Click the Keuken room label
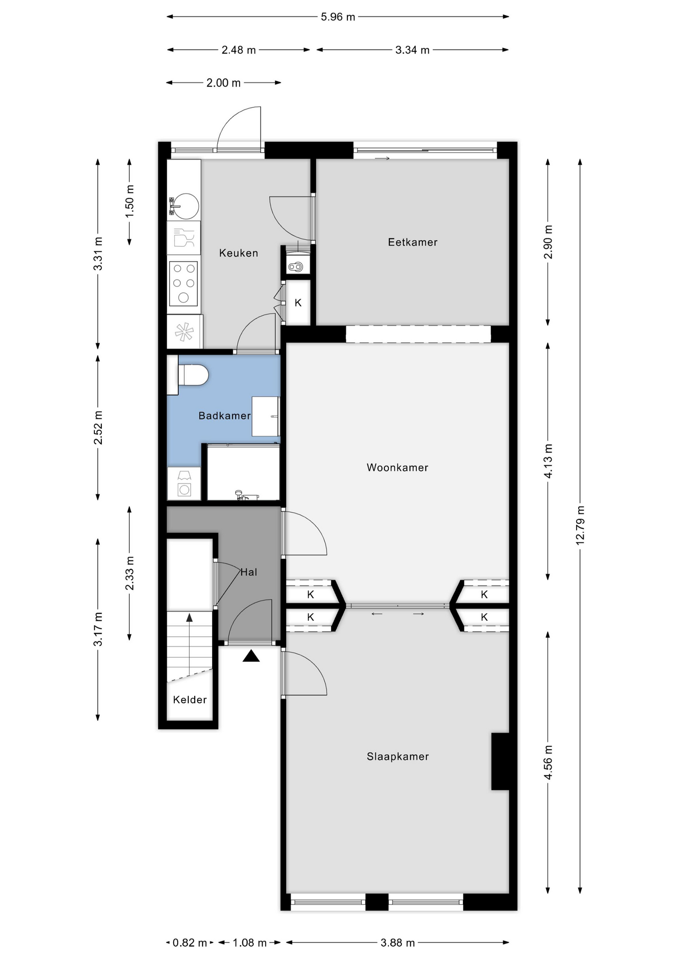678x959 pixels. [238, 253]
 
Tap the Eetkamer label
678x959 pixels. [412, 242]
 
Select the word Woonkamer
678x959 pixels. [397, 468]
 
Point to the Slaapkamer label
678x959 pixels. [397, 756]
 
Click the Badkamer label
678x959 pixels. [224, 416]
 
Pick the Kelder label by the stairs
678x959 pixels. [190, 700]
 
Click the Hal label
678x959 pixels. [249, 572]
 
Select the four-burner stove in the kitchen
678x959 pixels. [183, 284]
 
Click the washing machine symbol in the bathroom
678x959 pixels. [184, 483]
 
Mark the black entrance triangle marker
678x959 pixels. [251, 656]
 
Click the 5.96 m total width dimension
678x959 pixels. [338, 17]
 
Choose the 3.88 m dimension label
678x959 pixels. [397, 943]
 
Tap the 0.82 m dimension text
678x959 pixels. [190, 943]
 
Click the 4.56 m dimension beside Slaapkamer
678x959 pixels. [548, 762]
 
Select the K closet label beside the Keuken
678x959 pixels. [298, 303]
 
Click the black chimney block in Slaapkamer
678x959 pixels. [500, 761]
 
